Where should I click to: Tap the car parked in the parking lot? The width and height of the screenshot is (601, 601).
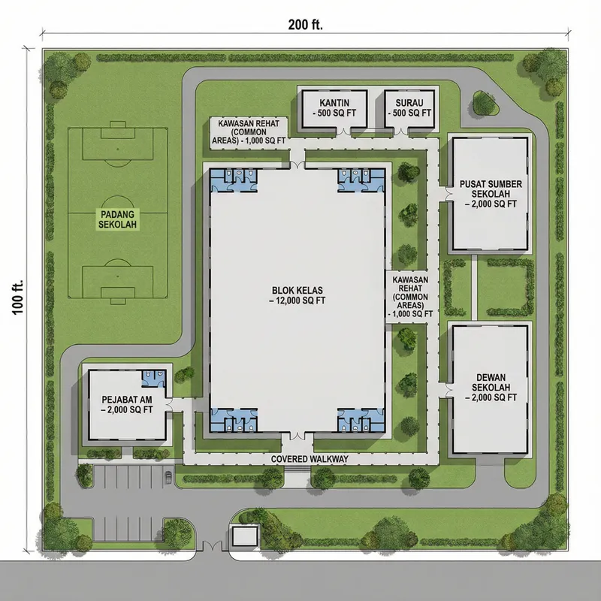167,476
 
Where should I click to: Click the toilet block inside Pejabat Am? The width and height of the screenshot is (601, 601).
153,379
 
